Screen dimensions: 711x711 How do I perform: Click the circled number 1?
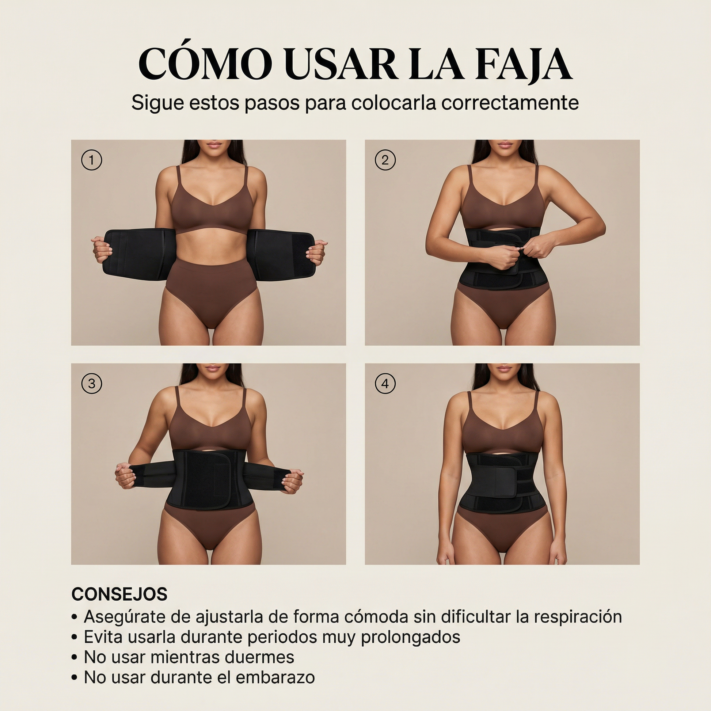91,160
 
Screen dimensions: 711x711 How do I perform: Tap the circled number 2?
385,160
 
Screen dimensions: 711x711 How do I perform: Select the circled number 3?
91,384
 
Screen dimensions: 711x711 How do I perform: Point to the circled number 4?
385,384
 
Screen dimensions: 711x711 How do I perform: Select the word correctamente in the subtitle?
510,103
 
